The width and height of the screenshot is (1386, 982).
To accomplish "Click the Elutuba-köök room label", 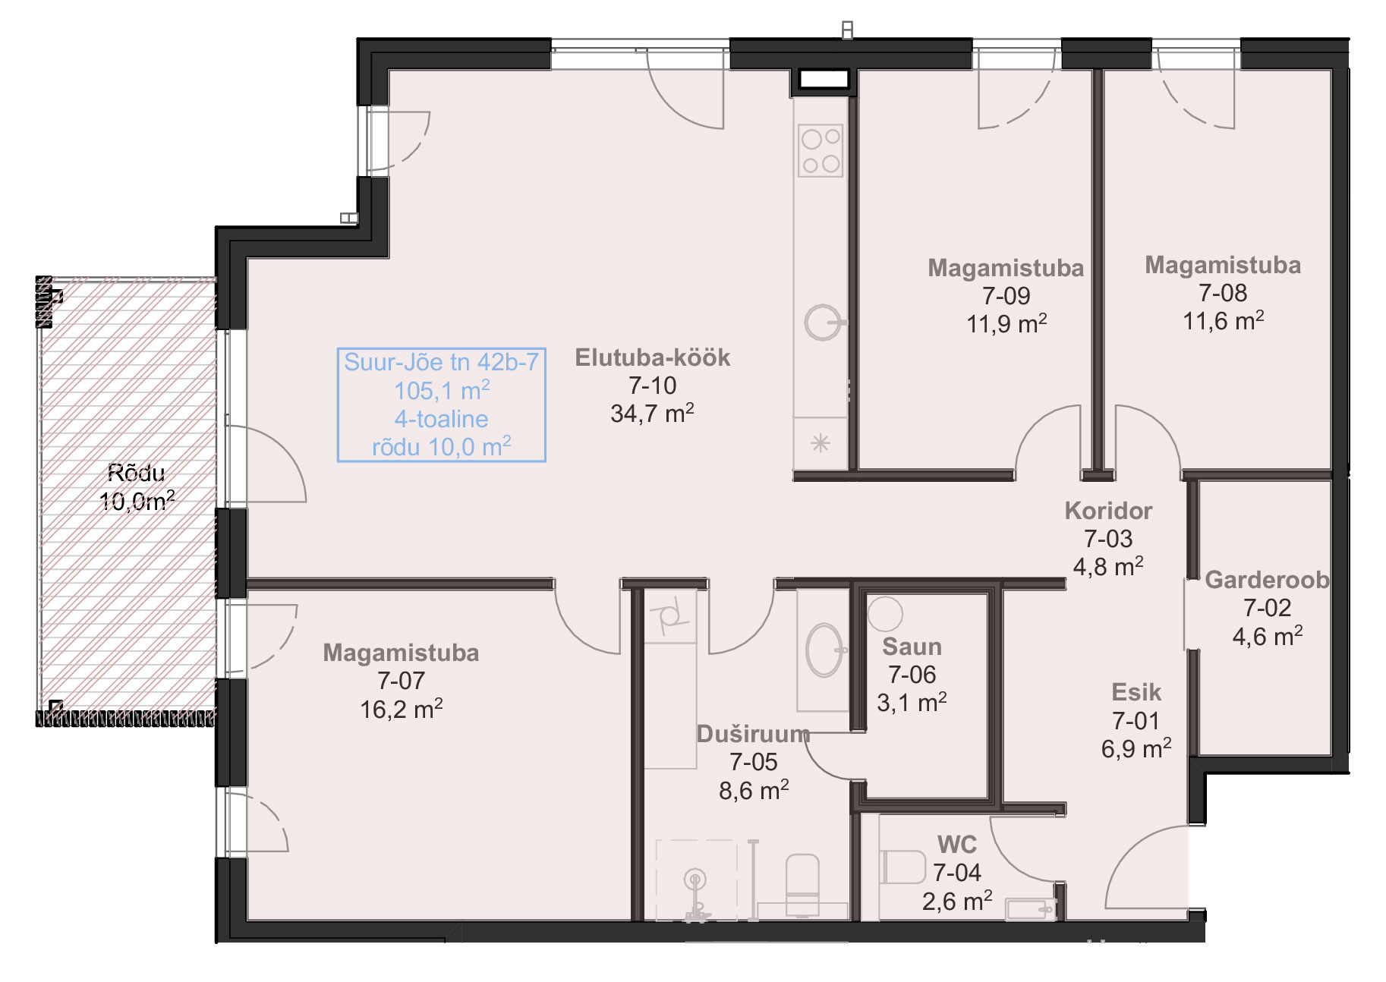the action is [652, 357].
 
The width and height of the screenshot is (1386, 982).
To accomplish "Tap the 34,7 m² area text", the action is [652, 413].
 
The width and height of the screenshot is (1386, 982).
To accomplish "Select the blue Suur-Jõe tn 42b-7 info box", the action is [442, 404].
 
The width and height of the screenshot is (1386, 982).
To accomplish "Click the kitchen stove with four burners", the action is [821, 150].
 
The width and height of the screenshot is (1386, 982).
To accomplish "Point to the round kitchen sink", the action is [823, 323].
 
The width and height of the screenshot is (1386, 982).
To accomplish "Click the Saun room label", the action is [912, 647].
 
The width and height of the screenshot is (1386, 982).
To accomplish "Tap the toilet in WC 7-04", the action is [902, 867].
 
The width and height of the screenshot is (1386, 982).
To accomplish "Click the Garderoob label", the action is [1267, 580].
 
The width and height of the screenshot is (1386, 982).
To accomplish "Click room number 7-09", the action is [1006, 295].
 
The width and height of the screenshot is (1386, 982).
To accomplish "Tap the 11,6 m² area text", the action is [1223, 320].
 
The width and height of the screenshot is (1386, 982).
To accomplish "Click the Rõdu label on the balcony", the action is [137, 473].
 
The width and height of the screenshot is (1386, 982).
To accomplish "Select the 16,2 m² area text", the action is [401, 709].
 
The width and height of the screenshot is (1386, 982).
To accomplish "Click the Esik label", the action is [1136, 692].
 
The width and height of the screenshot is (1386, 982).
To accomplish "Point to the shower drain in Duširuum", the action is [695, 880].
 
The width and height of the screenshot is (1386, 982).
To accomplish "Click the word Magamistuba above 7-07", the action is [401, 653].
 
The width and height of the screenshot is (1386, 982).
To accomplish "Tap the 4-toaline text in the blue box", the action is [441, 419].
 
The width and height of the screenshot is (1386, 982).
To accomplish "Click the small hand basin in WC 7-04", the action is [1029, 908].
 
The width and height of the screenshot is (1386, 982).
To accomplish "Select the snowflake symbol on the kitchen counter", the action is [820, 443].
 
